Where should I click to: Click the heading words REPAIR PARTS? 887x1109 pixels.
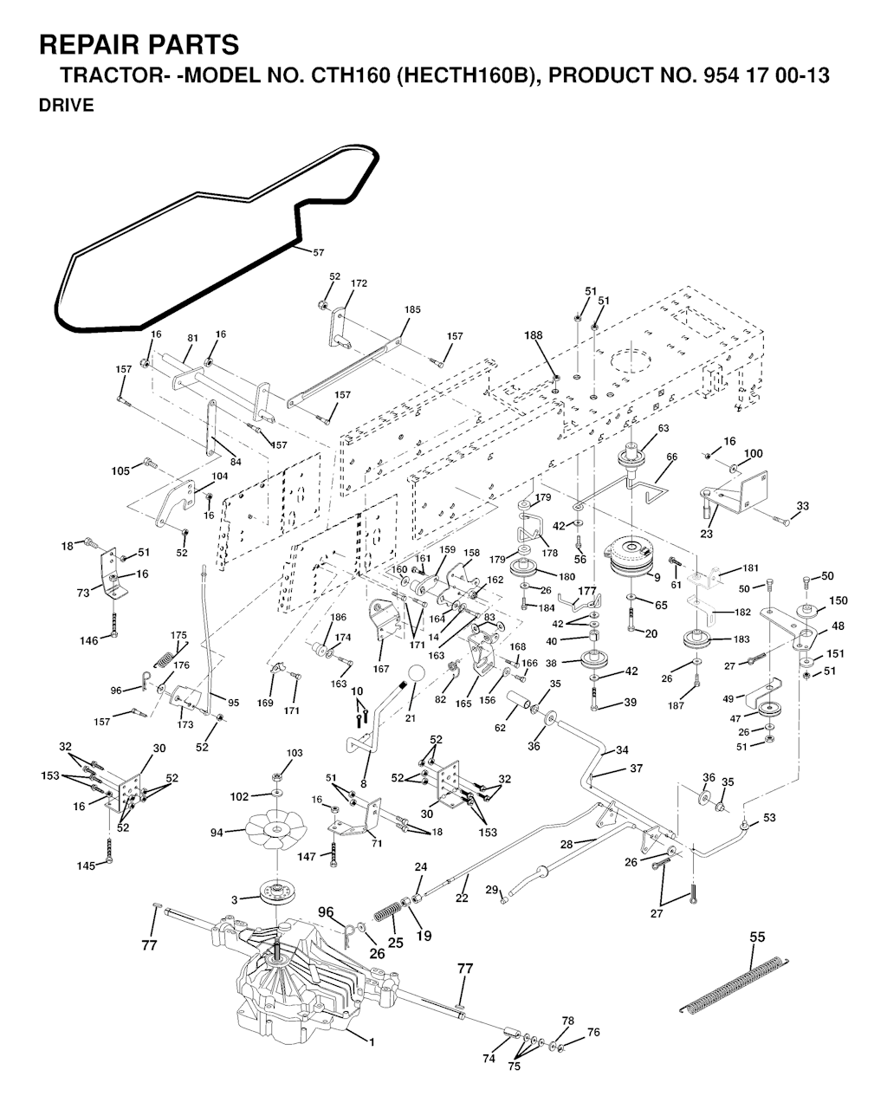(139, 44)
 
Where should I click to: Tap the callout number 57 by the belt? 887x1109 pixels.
(318, 252)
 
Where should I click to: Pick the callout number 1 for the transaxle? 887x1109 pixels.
(372, 1042)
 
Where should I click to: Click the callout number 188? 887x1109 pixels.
(534, 335)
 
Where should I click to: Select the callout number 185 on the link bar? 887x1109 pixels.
(412, 310)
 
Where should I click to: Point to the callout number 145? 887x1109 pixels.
(87, 866)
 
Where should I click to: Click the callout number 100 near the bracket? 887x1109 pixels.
(754, 453)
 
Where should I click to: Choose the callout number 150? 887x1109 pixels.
(838, 600)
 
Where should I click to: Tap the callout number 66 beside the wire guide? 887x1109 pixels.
(671, 457)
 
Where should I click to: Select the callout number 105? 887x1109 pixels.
(120, 470)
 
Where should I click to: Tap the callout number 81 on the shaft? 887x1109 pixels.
(193, 339)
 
